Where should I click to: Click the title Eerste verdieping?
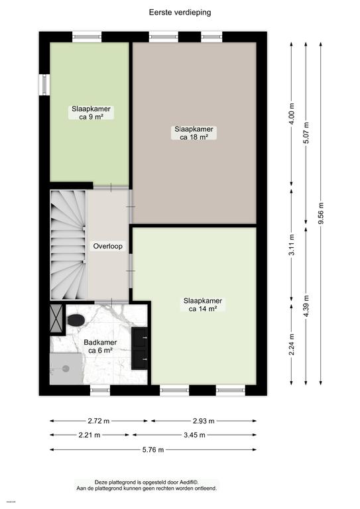[x=179, y=12]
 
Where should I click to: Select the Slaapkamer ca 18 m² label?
[x=194, y=133]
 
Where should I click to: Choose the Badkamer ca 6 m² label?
[x=100, y=347]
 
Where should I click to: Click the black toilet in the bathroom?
[x=76, y=320]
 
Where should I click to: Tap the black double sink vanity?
[x=141, y=348]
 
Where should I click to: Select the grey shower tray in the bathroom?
[x=67, y=367]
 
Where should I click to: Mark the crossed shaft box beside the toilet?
[x=56, y=319]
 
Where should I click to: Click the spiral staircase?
[x=68, y=243]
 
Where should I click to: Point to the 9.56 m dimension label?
[x=322, y=214]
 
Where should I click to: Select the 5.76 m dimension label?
[x=152, y=449]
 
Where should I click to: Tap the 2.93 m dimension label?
[x=204, y=421]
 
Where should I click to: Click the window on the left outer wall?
[x=44, y=85]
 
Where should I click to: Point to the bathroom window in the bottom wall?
[x=99, y=391]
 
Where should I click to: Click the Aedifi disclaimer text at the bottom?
[x=156, y=485]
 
